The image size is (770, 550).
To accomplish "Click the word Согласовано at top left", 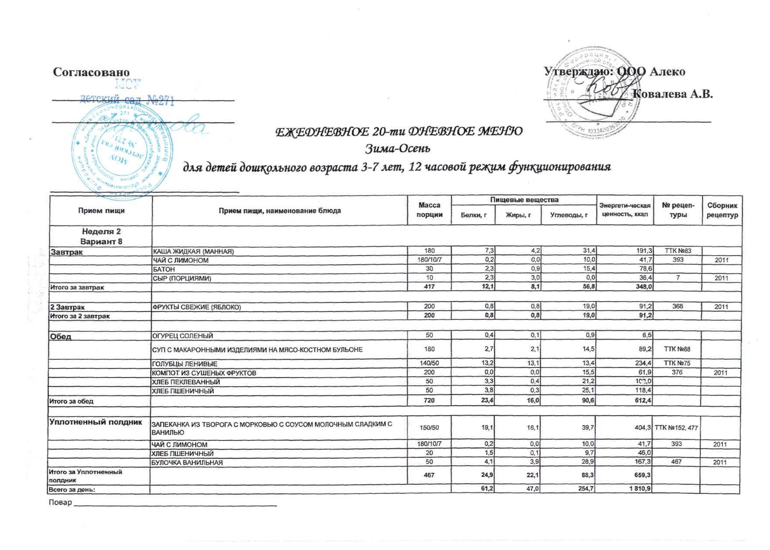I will [91, 72].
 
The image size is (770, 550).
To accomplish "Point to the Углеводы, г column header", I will [569, 215].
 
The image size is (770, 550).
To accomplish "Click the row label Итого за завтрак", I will [77, 287].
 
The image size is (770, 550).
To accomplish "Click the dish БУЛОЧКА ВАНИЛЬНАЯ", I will [187, 463].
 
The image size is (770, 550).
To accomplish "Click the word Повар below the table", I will [60, 502].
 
